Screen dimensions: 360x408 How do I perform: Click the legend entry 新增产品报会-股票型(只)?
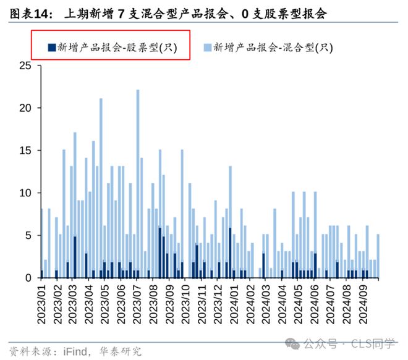click(116, 47)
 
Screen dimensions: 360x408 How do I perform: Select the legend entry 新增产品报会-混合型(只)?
click(272, 47)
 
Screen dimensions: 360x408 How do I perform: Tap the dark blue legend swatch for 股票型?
click(52, 47)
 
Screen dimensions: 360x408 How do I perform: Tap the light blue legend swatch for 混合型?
click(208, 47)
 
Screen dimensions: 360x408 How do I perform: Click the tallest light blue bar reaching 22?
click(137, 179)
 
